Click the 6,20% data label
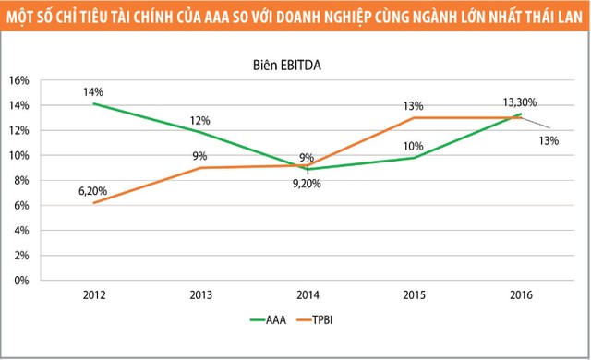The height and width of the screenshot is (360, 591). tap(92, 192)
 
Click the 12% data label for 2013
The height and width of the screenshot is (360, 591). tap(200, 120)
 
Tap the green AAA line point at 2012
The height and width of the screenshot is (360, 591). tap(94, 103)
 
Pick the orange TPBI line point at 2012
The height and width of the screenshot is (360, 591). tap(94, 202)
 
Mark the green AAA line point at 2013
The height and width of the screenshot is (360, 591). tap(200, 132)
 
